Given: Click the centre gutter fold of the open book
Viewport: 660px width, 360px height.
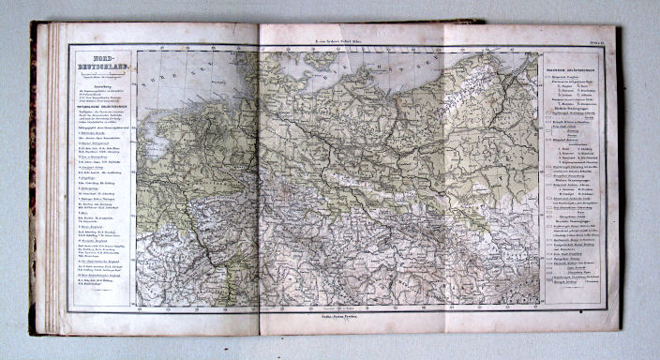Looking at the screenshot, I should [259, 178].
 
